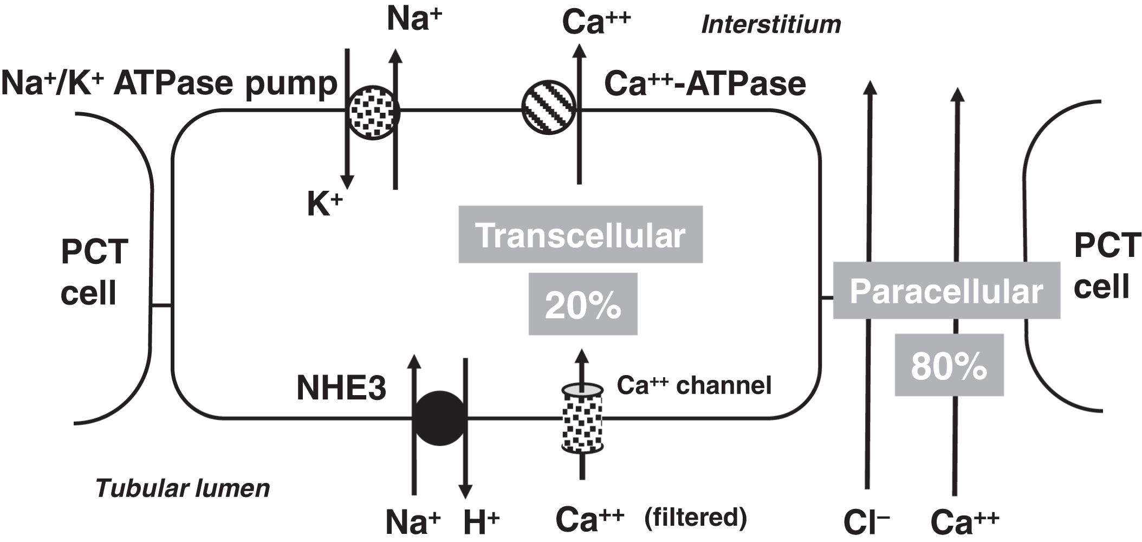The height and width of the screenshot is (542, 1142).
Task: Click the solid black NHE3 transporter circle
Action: pos(440,418)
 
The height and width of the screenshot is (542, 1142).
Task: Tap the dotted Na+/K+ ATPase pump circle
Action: pos(373,112)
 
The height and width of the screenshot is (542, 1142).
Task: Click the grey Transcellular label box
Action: pos(580,235)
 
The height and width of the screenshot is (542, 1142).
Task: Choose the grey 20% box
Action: pos(583,304)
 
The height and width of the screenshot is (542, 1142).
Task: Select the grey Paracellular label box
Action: pos(946,291)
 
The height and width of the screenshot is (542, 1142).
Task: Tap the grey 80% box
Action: pos(949,365)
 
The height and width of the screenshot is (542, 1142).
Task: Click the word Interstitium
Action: pos(771,24)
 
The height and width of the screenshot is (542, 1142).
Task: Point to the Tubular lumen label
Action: pos(183,488)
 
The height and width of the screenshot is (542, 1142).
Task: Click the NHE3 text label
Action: pos(341,388)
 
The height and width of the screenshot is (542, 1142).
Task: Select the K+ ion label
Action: pos(325,204)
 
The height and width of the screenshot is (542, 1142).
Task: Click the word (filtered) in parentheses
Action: pos(696,517)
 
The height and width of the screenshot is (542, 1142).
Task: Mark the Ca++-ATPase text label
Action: pos(705,84)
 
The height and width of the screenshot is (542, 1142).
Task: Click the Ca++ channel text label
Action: pos(694,385)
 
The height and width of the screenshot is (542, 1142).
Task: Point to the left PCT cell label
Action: pos(94,272)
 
